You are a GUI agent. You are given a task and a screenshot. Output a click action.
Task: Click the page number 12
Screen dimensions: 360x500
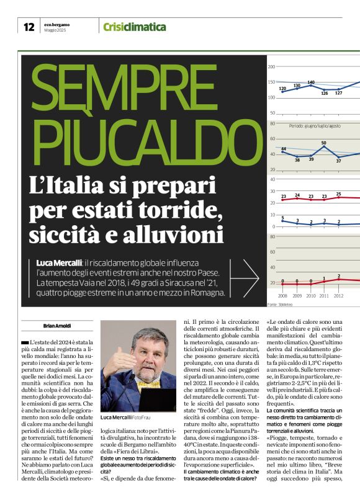(x=28, y=27)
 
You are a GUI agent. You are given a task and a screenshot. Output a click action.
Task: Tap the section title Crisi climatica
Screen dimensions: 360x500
(x=135, y=27)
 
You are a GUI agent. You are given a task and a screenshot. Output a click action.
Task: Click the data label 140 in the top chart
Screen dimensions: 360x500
(x=311, y=82)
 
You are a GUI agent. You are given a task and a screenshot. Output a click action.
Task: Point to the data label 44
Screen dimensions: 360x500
(x=284, y=149)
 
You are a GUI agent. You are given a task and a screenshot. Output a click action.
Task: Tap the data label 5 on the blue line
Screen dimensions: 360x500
(x=283, y=218)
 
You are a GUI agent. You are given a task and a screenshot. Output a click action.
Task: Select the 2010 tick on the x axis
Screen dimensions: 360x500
(x=311, y=297)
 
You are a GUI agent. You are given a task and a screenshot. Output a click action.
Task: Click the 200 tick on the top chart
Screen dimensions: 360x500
(x=272, y=67)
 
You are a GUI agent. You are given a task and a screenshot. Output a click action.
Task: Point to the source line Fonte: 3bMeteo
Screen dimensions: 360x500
(x=280, y=304)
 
